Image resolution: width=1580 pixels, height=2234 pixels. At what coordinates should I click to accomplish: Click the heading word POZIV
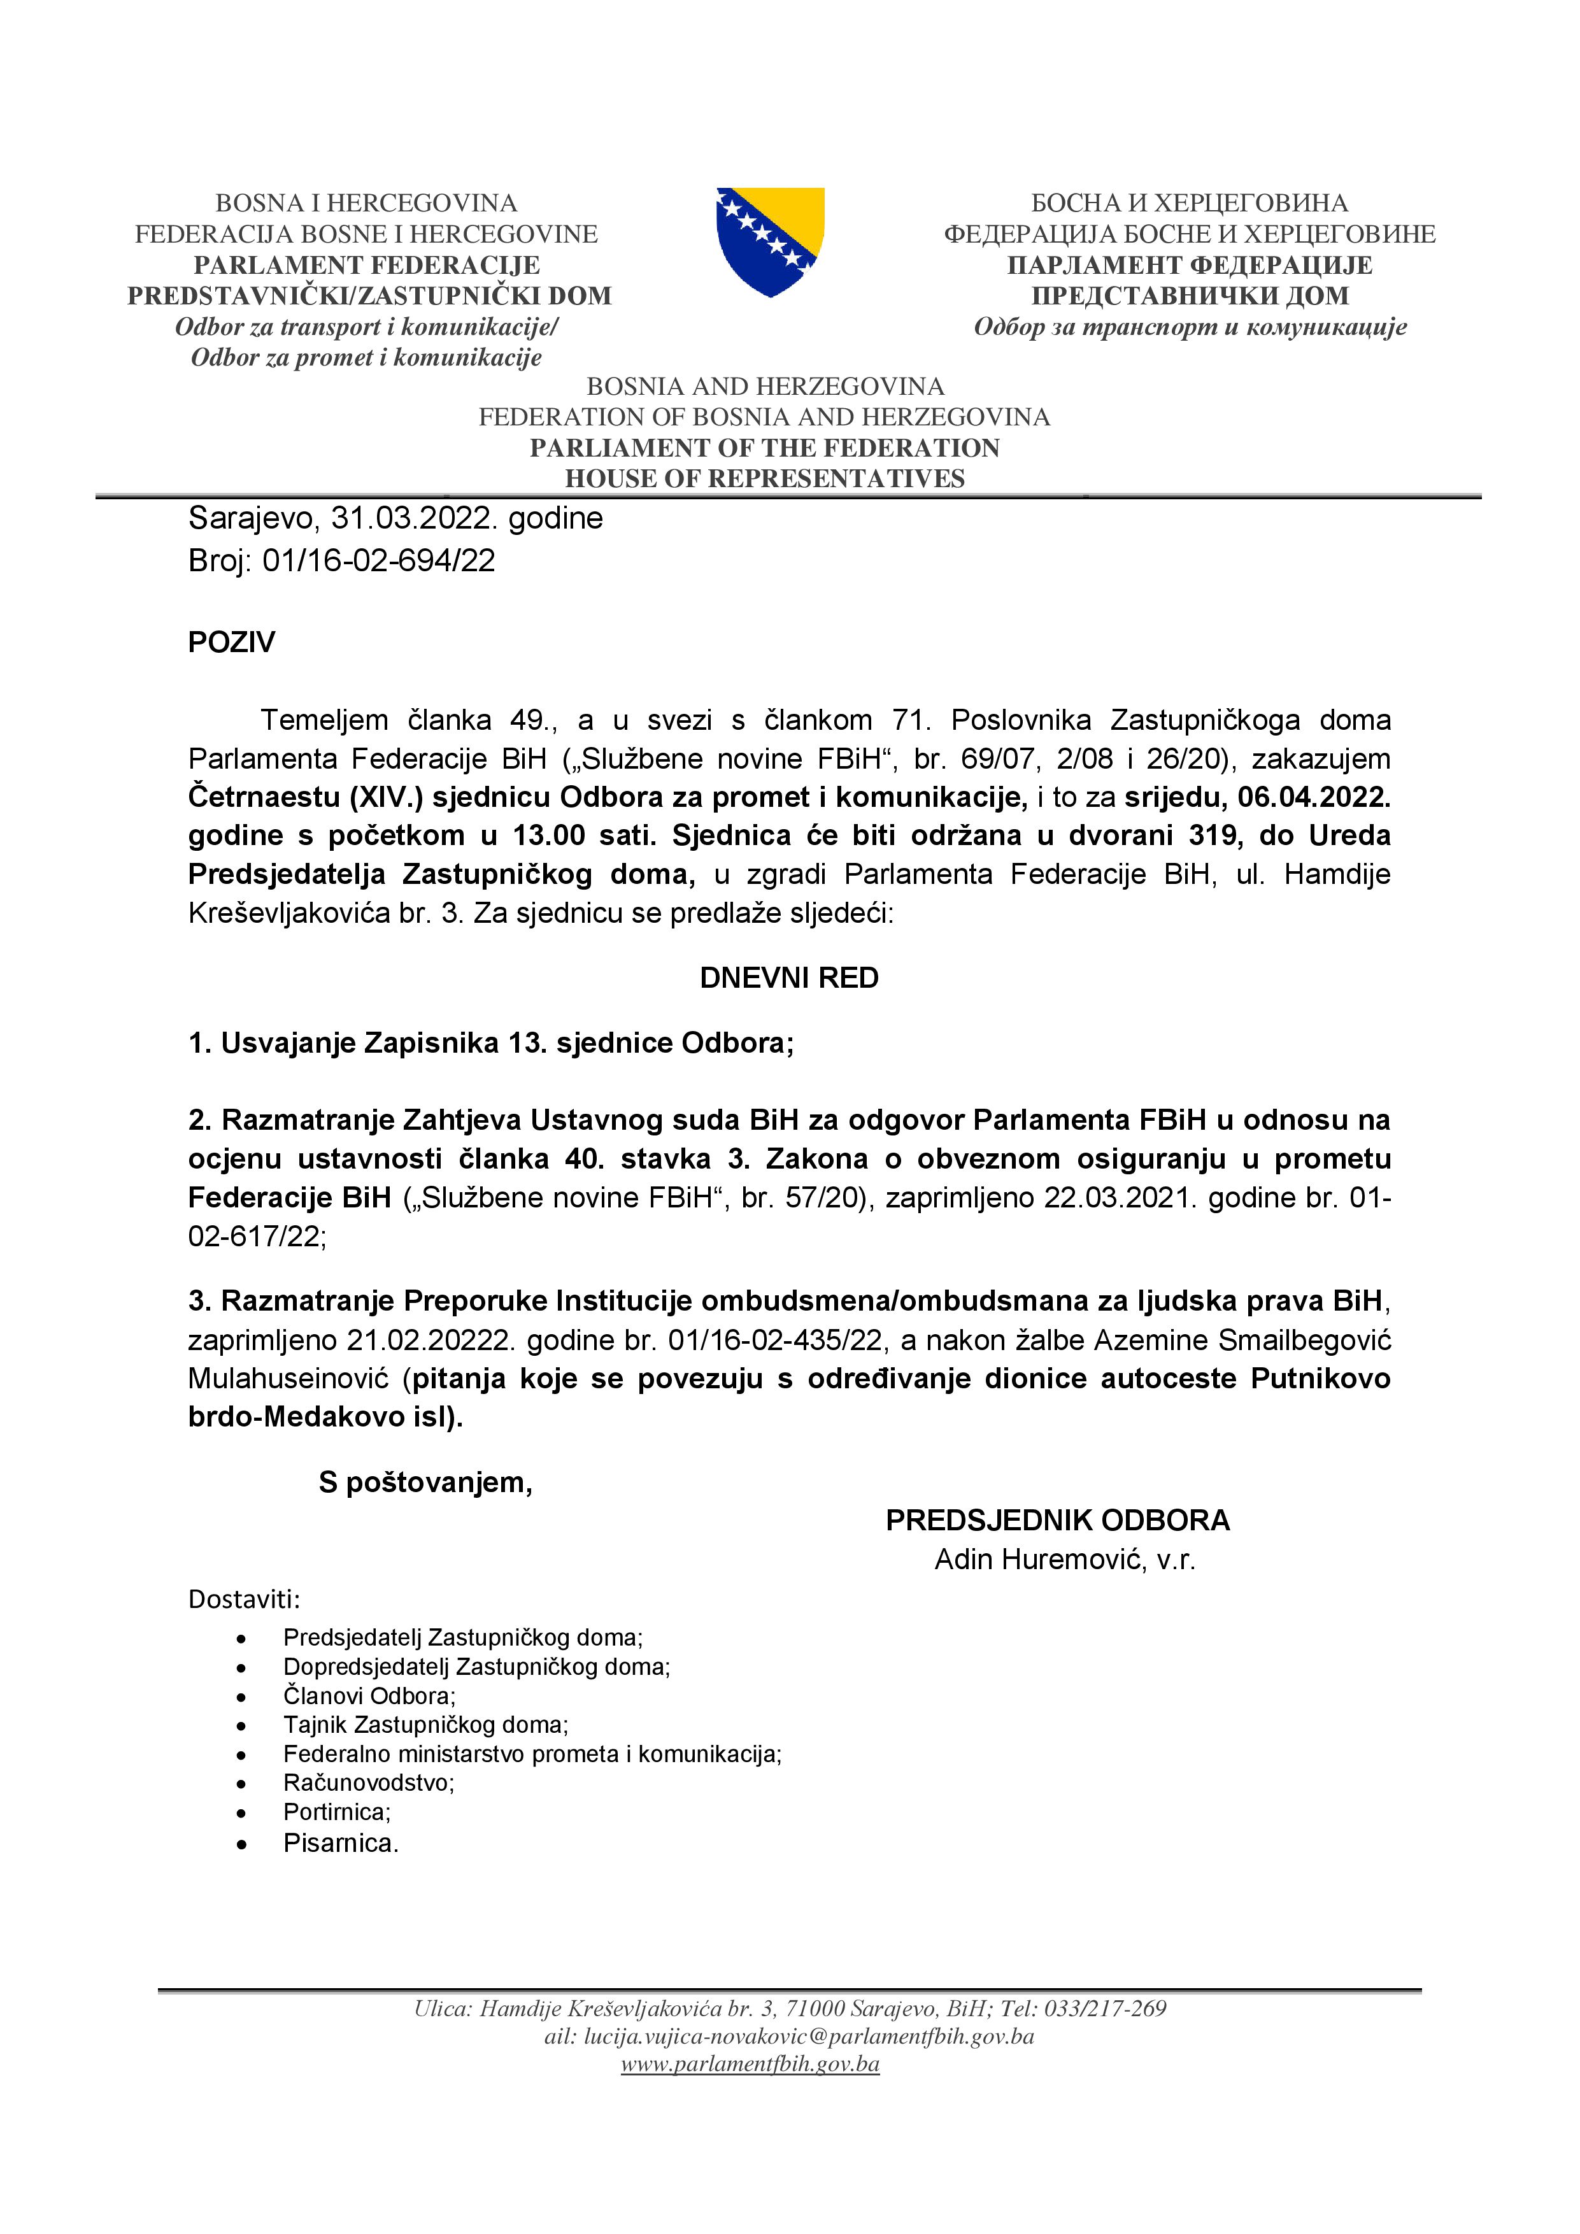232,642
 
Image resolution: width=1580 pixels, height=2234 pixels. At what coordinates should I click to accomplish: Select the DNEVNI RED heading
789,978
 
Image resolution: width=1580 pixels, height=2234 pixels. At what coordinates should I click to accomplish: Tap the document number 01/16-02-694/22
378,560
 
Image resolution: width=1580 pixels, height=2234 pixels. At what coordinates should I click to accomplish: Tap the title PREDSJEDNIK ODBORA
1058,1521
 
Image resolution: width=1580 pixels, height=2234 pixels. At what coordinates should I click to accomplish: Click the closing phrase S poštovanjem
425,1482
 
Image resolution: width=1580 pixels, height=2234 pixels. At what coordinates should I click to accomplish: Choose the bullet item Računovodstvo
369,1782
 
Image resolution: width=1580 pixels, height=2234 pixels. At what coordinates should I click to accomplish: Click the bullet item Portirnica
337,1812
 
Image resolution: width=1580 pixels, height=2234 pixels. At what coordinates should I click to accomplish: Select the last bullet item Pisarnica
341,1843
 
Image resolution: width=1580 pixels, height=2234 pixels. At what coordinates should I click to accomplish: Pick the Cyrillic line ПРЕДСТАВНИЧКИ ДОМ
1190,295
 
